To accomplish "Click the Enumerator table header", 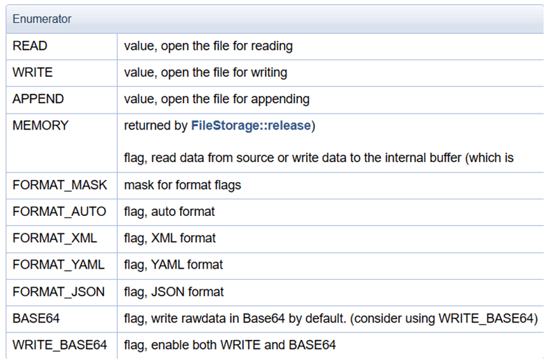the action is point(42,19).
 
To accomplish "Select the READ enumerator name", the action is point(30,46).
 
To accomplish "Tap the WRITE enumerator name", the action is point(33,72).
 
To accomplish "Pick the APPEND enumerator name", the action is point(38,99).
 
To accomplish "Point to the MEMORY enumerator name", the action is point(41,125).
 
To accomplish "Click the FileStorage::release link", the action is point(251,125).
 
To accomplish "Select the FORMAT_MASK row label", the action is point(60,185).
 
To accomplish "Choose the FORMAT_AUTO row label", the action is point(59,211).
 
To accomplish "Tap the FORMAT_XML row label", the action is point(55,238).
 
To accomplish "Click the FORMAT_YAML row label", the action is point(58,264).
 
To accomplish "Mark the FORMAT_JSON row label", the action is point(58,291).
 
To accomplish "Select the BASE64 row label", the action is point(36,318).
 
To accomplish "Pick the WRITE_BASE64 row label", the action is point(60,345).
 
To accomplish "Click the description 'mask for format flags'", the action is point(183,185).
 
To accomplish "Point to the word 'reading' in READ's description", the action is point(271,46).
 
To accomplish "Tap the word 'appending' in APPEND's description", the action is point(280,100).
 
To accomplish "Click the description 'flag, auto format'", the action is point(169,212).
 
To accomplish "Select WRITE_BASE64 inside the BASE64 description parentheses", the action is point(486,318).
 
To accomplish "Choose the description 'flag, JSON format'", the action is point(174,292).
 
